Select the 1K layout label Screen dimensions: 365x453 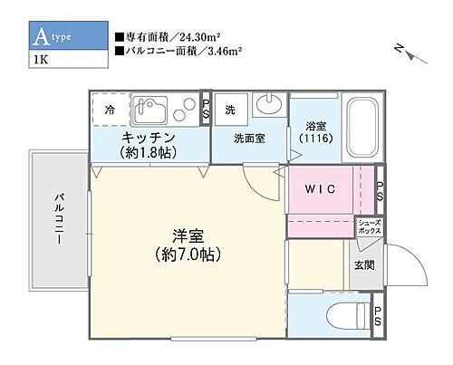tap(42, 62)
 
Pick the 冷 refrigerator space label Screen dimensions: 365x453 tap(110, 110)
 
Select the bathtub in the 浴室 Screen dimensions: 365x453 tap(349, 128)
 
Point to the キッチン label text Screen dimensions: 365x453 tap(149, 137)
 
